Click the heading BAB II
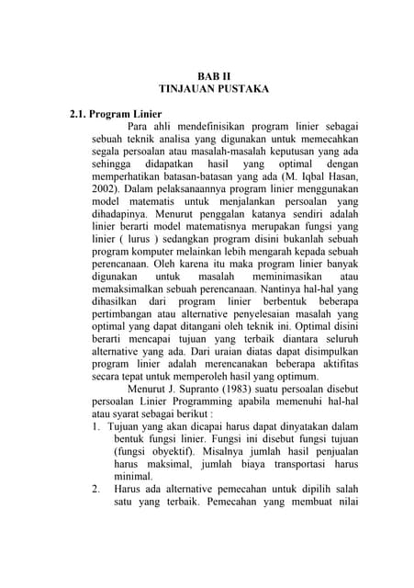(214, 75)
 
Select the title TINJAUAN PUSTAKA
(214, 90)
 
